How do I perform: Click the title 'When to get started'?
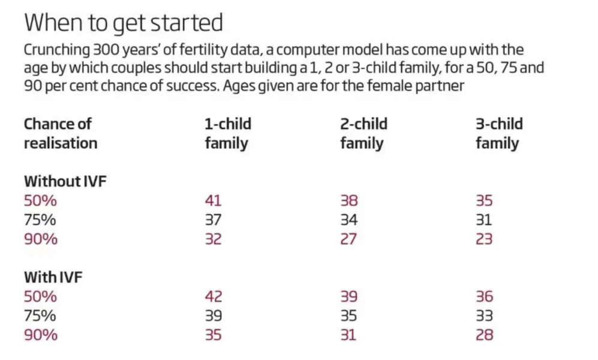(124, 23)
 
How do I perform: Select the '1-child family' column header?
(228, 133)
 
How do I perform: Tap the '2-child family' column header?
(363, 133)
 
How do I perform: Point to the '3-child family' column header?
(499, 133)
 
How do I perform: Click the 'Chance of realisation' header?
(61, 133)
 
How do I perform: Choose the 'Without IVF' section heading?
(65, 181)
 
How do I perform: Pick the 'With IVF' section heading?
(53, 277)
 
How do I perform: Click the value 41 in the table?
(213, 200)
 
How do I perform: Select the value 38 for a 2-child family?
(349, 200)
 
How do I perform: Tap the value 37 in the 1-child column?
(213, 220)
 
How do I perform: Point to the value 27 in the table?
(348, 239)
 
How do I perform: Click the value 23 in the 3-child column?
(484, 239)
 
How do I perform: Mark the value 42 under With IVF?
(213, 296)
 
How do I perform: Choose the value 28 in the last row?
(485, 335)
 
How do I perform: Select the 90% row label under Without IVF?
(41, 239)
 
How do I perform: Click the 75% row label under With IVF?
(40, 316)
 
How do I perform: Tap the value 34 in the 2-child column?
(349, 220)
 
